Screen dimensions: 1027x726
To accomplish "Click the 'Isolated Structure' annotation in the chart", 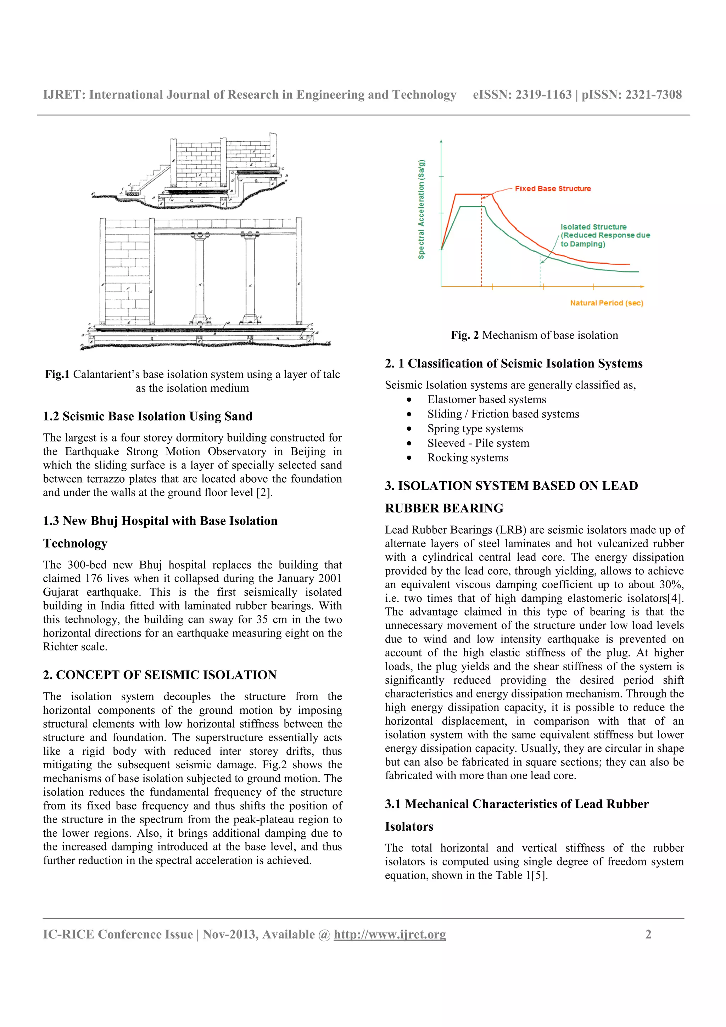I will (593, 227).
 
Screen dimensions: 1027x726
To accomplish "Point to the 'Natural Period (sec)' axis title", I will (606, 303).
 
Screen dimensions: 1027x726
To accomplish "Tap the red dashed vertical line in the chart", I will (481, 251).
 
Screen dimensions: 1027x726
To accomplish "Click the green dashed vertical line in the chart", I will (540, 273).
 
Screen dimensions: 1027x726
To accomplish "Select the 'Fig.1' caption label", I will (57, 374).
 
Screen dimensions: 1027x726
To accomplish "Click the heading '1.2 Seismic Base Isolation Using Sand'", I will (147, 416).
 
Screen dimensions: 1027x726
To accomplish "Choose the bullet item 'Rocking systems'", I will (468, 458).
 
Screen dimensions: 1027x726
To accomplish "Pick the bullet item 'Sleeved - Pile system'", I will (478, 443).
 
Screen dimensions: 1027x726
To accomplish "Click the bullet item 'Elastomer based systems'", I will (486, 399).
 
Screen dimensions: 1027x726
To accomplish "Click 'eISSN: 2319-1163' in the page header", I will (522, 95).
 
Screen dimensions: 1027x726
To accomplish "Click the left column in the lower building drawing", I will (200, 277).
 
